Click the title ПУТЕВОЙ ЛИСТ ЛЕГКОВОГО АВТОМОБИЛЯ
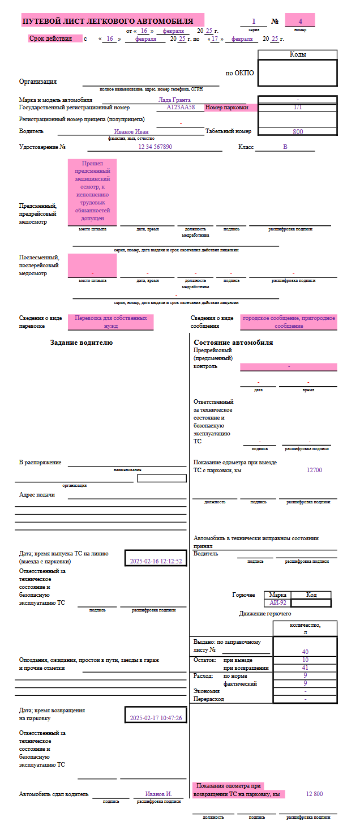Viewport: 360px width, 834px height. pyautogui.click(x=107, y=22)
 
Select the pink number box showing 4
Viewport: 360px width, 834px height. pyautogui.click(x=300, y=21)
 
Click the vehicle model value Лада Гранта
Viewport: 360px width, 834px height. pyautogui.click(x=174, y=100)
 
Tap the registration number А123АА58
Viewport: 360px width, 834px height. pyautogui.click(x=181, y=107)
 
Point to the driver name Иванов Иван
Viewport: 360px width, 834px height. pyautogui.click(x=131, y=131)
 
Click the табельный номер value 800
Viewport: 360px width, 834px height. pyautogui.click(x=298, y=131)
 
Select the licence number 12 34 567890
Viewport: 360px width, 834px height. pyautogui.click(x=155, y=147)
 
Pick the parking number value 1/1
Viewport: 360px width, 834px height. pyautogui.click(x=298, y=107)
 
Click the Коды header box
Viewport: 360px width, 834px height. pyautogui.click(x=298, y=54)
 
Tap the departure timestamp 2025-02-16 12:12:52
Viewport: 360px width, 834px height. pyautogui.click(x=156, y=561)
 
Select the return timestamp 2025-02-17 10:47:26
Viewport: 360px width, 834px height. pyautogui.click(x=156, y=718)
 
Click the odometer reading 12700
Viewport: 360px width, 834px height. pyautogui.click(x=314, y=470)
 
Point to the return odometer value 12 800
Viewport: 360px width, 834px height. pyautogui.click(x=314, y=794)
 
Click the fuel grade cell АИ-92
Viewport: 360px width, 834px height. pyautogui.click(x=277, y=603)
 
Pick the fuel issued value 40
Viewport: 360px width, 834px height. pyautogui.click(x=305, y=652)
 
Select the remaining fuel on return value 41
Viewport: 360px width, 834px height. pyautogui.click(x=305, y=668)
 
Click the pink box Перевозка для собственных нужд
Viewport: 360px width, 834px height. pyautogui.click(x=111, y=322)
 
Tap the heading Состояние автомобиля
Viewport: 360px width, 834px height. pyautogui.click(x=233, y=343)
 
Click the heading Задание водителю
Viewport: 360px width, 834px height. pyautogui.click(x=82, y=343)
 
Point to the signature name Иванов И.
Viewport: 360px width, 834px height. pyautogui.click(x=158, y=794)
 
